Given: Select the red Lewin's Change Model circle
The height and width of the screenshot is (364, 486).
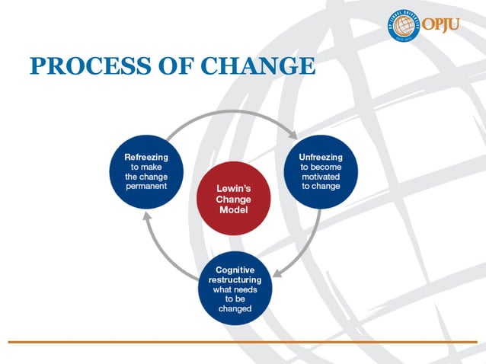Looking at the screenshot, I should point(232,200).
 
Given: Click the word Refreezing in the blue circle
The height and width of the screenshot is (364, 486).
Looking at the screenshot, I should point(146,157).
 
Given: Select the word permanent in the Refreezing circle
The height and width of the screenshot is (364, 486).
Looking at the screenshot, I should point(146,187).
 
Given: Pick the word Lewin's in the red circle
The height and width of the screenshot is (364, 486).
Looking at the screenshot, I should point(232,188).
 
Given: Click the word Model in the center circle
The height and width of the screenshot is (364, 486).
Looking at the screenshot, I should point(232,210).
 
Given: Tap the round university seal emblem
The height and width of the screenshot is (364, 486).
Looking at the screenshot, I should point(404,25).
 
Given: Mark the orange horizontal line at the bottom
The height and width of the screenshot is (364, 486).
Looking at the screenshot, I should point(243,341).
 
